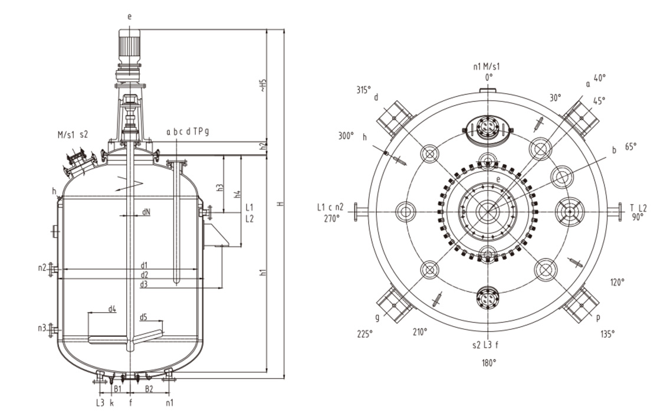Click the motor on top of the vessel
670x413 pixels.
coord(129,47)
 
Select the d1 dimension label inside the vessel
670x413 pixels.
coord(144,264)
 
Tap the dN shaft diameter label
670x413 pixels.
coord(146,212)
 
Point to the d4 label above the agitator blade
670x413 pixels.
coord(112,309)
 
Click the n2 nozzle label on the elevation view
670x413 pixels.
coord(42,267)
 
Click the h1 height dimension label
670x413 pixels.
coord(264,273)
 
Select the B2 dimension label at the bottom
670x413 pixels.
coord(149,388)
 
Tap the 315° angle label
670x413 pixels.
coord(363,90)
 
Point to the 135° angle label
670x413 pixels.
coord(607,333)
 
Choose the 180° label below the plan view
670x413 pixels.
coord(488,363)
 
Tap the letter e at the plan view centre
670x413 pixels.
coord(498,179)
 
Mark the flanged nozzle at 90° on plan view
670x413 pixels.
coord(619,212)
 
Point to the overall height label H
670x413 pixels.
coord(281,204)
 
